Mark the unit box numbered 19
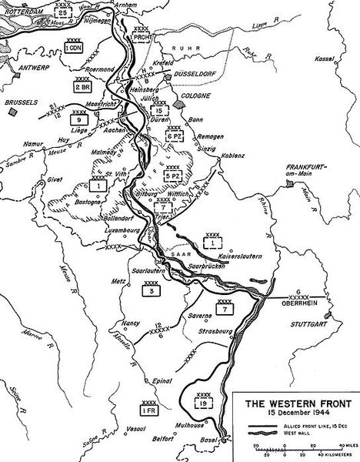click(x=202, y=402)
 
